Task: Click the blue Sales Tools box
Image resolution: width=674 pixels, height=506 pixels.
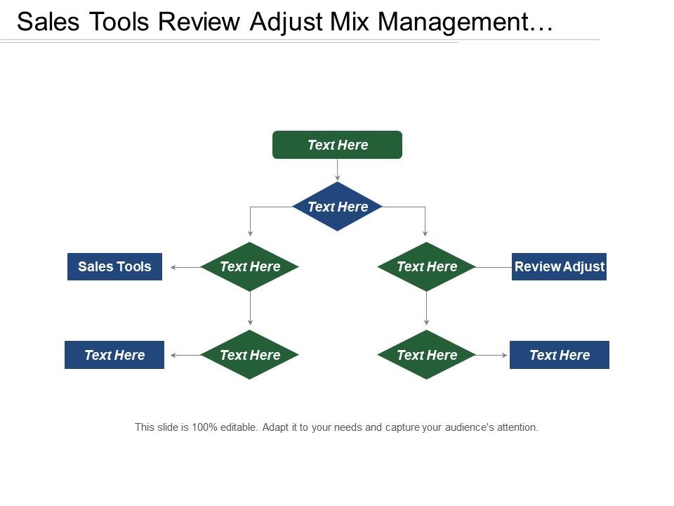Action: click(114, 266)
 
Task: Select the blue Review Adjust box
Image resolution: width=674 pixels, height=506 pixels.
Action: click(559, 266)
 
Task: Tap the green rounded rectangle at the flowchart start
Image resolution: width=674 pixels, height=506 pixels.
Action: click(337, 145)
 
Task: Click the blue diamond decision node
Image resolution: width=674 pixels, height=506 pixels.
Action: click(337, 207)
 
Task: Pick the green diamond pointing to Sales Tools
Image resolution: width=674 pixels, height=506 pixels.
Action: click(250, 266)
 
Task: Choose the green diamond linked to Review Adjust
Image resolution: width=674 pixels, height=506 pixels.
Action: click(427, 266)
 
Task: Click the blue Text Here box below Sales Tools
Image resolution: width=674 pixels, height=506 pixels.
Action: click(114, 355)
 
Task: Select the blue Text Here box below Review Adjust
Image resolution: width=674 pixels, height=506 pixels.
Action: click(559, 355)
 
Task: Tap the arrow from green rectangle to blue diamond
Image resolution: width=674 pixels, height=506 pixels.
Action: click(338, 170)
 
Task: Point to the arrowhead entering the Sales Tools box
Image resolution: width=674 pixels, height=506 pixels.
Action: click(174, 267)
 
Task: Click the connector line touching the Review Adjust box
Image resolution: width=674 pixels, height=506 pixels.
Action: click(494, 267)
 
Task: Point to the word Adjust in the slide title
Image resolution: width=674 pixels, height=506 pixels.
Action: click(282, 22)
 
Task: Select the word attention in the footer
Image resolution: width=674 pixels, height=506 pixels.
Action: click(516, 427)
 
